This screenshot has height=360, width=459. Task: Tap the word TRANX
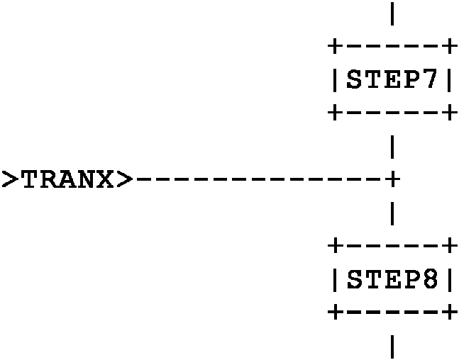click(67, 179)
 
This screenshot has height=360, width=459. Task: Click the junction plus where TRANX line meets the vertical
click(392, 179)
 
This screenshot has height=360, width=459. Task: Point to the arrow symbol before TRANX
click(10, 179)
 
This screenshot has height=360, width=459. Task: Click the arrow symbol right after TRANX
click(124, 179)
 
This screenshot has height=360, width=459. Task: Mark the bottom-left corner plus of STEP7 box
click(334, 112)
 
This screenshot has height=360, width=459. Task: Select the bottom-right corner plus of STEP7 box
click(448, 112)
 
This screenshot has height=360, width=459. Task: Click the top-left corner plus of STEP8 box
click(334, 247)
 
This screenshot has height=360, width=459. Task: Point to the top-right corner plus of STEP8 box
click(448, 247)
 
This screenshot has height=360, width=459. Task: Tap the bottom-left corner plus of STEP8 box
click(334, 312)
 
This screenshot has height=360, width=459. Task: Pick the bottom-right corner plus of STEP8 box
click(448, 312)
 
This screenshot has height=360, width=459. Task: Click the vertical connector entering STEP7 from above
click(392, 14)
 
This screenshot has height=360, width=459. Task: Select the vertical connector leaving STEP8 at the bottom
click(392, 346)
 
